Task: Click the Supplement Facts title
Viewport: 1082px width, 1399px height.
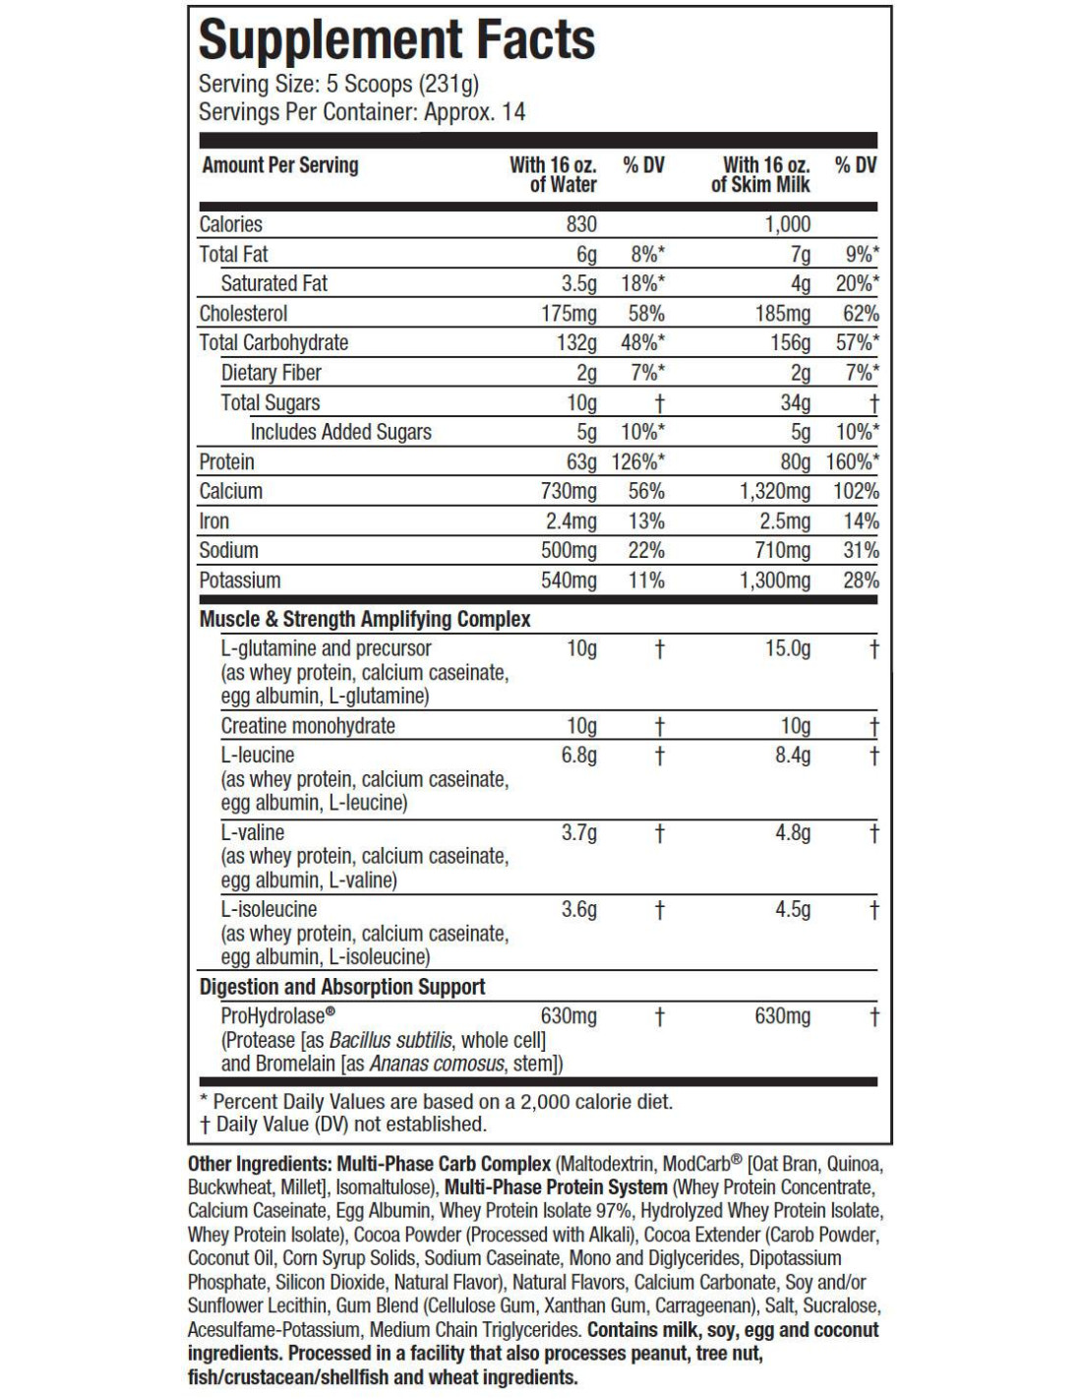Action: [396, 40]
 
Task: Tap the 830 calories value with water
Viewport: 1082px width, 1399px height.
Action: [580, 224]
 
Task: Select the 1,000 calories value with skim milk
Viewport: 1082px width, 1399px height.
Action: [787, 224]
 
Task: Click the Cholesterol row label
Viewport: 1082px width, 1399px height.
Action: [243, 314]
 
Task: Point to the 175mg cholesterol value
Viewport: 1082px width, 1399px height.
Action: [569, 314]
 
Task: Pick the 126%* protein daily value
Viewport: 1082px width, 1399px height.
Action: [637, 461]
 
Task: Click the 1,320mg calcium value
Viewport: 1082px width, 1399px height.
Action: [775, 491]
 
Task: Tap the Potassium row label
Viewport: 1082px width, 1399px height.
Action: [239, 580]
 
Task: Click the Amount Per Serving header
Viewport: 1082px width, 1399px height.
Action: [280, 165]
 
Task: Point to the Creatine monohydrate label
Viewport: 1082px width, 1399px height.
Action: [308, 726]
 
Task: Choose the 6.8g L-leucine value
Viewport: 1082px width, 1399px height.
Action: [578, 755]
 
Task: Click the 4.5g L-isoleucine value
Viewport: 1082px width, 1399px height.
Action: [793, 909]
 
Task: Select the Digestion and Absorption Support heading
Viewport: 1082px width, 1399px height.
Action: [342, 987]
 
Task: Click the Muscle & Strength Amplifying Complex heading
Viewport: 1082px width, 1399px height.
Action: [365, 619]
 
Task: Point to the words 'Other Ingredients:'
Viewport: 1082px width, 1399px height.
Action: [260, 1164]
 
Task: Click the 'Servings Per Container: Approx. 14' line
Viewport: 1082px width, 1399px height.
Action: [362, 112]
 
